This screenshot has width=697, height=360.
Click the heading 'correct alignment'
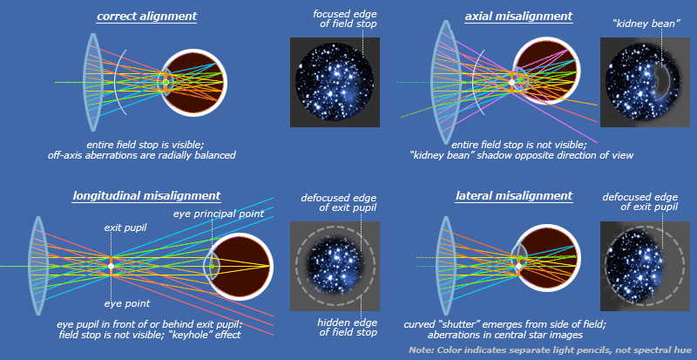click(x=146, y=17)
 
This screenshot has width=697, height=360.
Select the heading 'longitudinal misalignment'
click(x=146, y=196)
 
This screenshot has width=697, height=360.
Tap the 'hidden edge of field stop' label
click(x=334, y=326)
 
